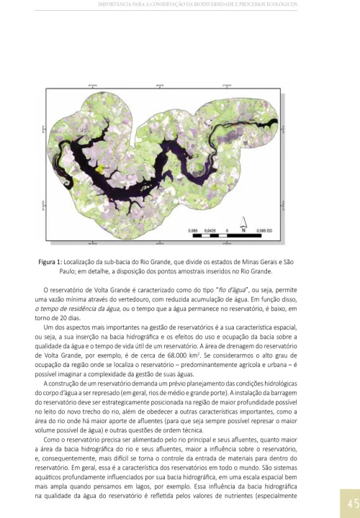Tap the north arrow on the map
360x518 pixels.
[x=243, y=223]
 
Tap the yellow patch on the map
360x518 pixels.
[x=107, y=168]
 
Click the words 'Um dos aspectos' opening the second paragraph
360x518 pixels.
[x=66, y=327]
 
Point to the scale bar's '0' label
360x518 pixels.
[x=228, y=231]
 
